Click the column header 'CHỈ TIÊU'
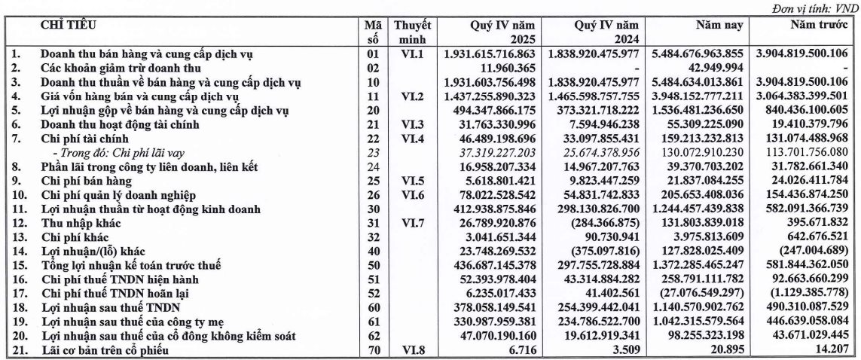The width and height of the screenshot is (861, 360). (69, 25)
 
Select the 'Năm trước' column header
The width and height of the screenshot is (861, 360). (813, 25)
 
